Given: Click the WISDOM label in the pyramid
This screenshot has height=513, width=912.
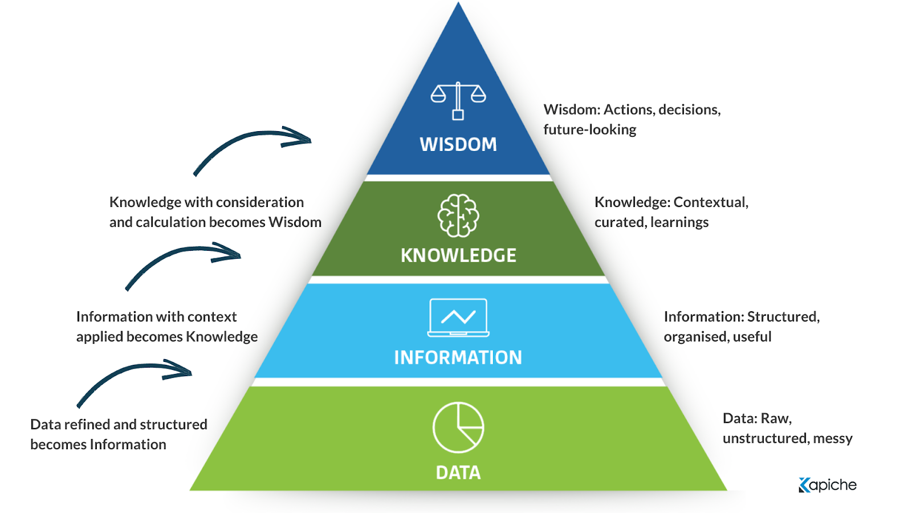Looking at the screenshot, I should click(x=458, y=144).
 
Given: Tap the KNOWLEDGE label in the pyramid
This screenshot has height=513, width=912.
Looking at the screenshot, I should click(x=458, y=255).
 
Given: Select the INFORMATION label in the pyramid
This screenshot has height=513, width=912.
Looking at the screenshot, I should click(x=458, y=357).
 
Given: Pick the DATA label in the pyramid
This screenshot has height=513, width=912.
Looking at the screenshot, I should click(x=458, y=473).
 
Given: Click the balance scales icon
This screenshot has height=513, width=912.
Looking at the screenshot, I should click(x=458, y=100).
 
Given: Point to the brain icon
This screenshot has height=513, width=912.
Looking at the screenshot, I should click(x=458, y=215).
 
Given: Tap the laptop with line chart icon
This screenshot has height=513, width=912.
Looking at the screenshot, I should click(x=458, y=317).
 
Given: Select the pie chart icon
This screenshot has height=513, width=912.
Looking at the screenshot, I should click(x=458, y=427).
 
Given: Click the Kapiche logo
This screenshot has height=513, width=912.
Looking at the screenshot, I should click(x=828, y=485).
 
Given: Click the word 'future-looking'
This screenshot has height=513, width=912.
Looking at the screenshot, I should click(x=590, y=130).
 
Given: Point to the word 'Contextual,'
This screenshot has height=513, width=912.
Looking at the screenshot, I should click(x=711, y=202).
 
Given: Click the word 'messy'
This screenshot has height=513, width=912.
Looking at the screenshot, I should click(x=833, y=438).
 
